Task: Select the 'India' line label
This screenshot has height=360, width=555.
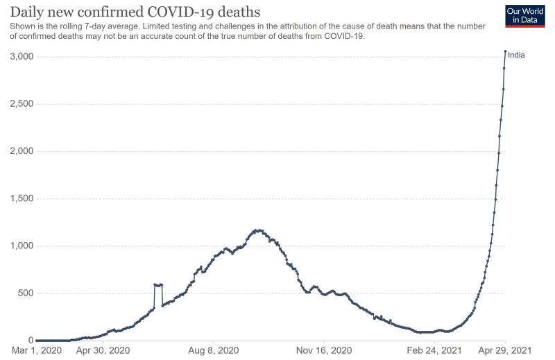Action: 516,55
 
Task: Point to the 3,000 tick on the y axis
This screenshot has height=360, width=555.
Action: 21,56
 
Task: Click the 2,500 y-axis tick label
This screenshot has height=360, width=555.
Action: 21,103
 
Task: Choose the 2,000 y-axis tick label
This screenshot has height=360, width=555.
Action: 21,151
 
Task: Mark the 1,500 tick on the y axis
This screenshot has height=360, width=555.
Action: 21,198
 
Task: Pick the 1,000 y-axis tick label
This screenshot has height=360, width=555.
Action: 21,246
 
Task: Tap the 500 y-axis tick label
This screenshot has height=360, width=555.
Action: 25,293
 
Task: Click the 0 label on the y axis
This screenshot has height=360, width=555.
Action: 30,341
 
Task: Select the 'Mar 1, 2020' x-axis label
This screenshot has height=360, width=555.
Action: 36,352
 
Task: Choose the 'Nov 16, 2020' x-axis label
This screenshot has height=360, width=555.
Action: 326,352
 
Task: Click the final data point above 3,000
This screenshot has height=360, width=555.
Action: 505,51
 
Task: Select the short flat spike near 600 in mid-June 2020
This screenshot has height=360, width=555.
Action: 158,284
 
